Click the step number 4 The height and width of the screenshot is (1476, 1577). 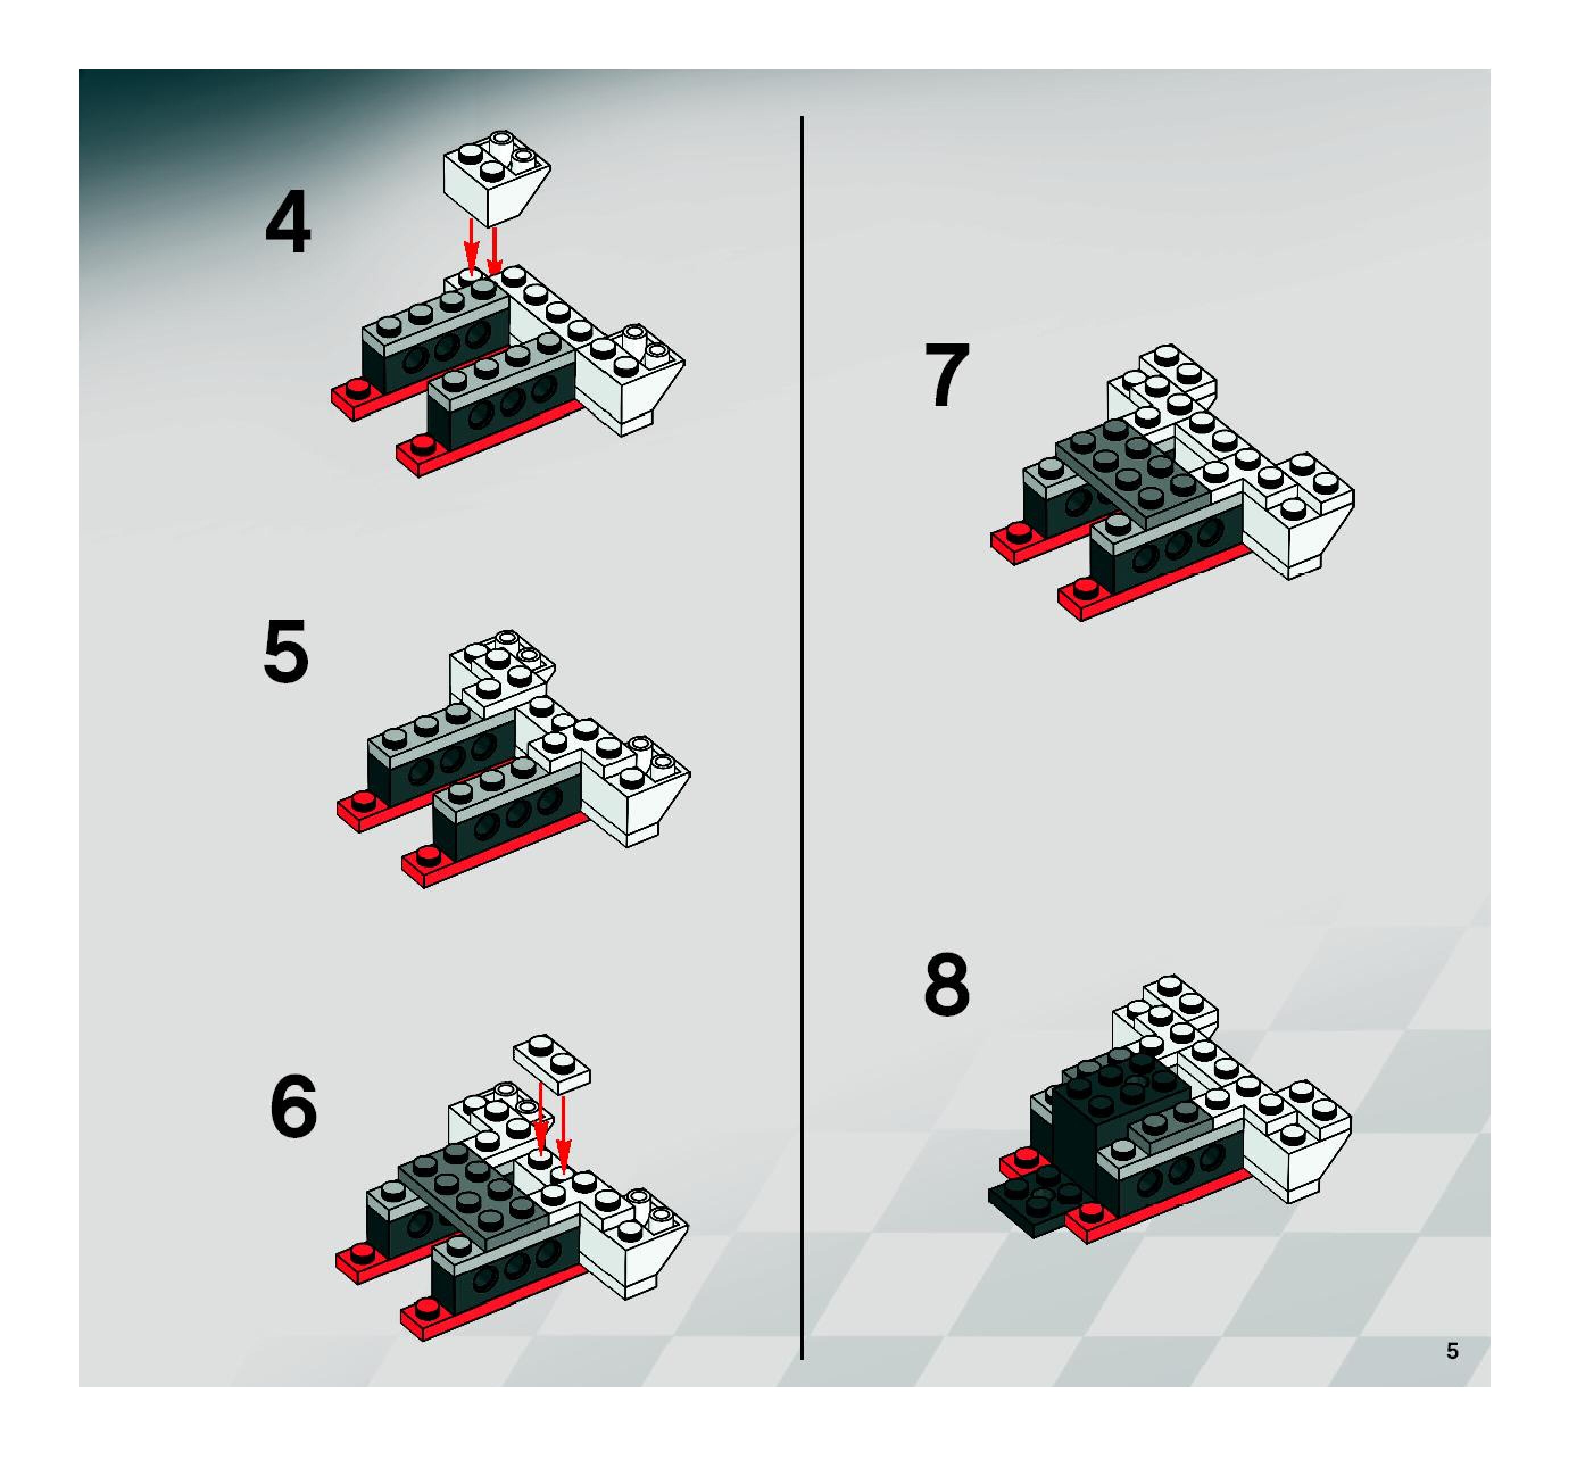[x=288, y=225]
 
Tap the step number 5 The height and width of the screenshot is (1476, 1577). [x=285, y=652]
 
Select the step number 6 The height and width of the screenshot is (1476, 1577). [x=293, y=1107]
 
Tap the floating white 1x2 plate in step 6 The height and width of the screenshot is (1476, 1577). [x=552, y=1064]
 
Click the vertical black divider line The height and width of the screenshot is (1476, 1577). [x=802, y=738]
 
